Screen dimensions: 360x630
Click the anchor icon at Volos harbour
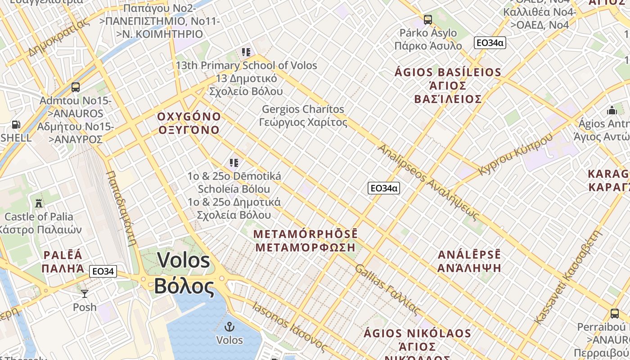(x=230, y=327)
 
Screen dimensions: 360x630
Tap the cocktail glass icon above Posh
(x=85, y=294)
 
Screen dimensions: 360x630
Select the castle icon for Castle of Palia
(x=39, y=203)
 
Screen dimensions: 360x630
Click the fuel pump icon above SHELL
(x=16, y=124)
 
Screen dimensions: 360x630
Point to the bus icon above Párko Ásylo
(x=427, y=20)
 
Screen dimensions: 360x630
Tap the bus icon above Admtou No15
(x=76, y=87)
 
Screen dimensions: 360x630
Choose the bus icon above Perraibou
(x=615, y=314)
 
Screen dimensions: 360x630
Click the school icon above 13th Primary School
(x=246, y=52)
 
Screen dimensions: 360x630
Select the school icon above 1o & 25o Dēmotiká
(x=234, y=162)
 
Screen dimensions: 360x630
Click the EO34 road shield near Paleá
(x=103, y=271)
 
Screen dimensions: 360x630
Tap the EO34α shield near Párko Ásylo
(x=490, y=43)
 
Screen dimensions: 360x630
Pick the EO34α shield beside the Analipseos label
(x=384, y=188)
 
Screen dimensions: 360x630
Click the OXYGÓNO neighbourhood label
(x=189, y=123)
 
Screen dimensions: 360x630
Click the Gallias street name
(x=387, y=289)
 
